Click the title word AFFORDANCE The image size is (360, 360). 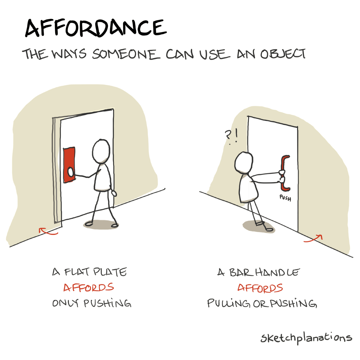[96, 28]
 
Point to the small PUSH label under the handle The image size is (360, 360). [285, 198]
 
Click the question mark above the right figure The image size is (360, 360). [228, 135]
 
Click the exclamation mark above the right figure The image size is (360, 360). [236, 136]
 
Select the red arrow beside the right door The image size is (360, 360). [313, 238]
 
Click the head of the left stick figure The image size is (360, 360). [101, 151]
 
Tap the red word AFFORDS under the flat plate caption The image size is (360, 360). [88, 287]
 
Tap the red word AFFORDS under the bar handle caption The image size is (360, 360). [260, 288]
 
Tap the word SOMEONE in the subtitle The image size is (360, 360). [126, 54]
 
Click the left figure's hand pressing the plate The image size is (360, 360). [70, 172]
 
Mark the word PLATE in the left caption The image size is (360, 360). [110, 272]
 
